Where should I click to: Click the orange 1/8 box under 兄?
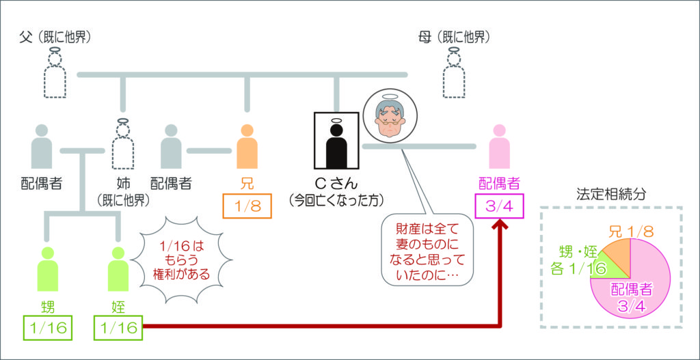[x=247, y=206]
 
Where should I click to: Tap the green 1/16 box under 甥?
[x=48, y=329]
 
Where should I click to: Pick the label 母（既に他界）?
[x=456, y=36]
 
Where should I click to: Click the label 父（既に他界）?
[x=56, y=36]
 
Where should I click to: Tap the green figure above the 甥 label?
[x=48, y=271]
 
